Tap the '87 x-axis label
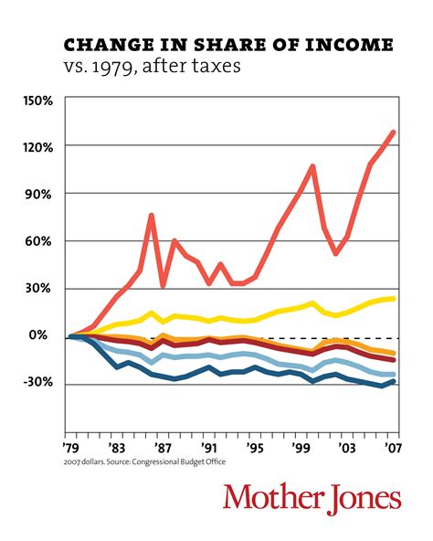coord(163,448)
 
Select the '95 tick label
coord(256,448)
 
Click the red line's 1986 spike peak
coord(152,216)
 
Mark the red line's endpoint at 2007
coord(394,132)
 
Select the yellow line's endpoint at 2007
coord(394,299)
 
